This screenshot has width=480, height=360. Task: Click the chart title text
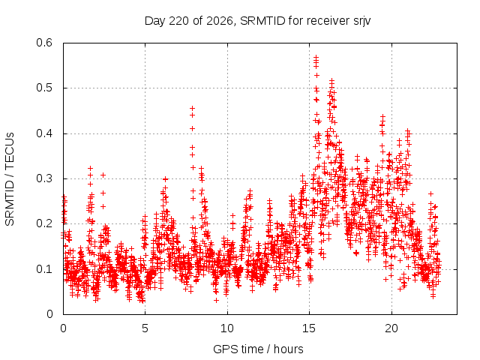point(257,21)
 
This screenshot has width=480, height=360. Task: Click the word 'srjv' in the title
point(361,22)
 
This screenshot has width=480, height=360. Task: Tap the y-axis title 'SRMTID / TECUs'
point(10,179)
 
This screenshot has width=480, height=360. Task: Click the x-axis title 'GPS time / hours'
point(258,349)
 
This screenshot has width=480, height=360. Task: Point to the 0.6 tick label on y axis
point(44,43)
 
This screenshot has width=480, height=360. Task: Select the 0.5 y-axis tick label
point(44,88)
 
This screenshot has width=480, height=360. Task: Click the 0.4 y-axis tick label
point(44,133)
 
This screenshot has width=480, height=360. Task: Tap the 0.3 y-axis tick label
point(44,178)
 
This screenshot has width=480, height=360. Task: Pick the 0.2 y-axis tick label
point(44,223)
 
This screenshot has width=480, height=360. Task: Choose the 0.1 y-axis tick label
point(44,269)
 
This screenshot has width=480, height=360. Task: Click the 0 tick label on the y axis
point(49,314)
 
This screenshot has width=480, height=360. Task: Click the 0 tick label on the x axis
point(63,328)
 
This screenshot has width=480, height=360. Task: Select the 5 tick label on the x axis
point(145,328)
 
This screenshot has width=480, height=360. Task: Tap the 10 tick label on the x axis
point(227,328)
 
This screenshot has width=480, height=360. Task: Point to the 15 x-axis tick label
point(309,328)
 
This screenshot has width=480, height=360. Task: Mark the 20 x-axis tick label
point(391,328)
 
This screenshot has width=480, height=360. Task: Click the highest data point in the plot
point(316,57)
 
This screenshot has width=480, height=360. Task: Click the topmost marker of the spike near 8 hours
point(192,108)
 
